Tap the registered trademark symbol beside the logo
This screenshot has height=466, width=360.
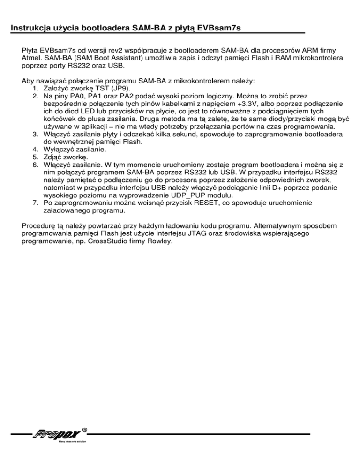click(x=84, y=428)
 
